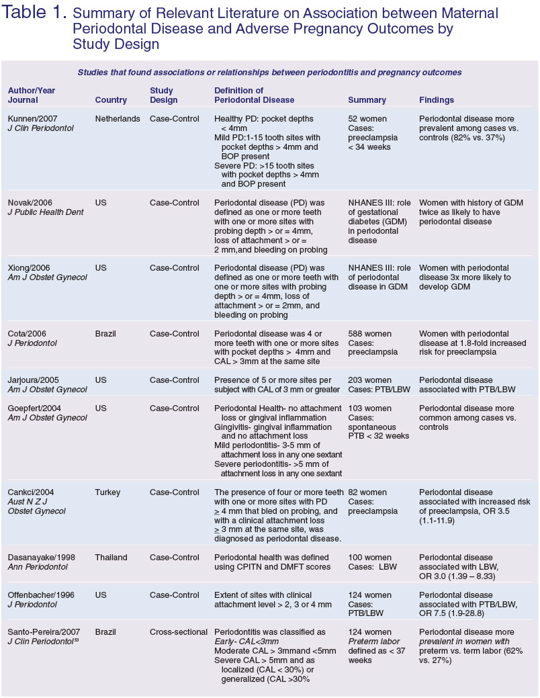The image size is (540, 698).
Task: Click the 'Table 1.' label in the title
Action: pos(34,14)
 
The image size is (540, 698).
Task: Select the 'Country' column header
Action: pos(111,100)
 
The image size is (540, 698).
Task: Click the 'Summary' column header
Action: pos(367,100)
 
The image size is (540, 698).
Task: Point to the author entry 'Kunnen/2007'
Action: pos(32,119)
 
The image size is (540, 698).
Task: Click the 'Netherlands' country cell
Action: pos(118,119)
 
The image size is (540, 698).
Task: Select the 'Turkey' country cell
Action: pos(109,492)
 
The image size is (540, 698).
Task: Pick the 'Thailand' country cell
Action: pos(112,558)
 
